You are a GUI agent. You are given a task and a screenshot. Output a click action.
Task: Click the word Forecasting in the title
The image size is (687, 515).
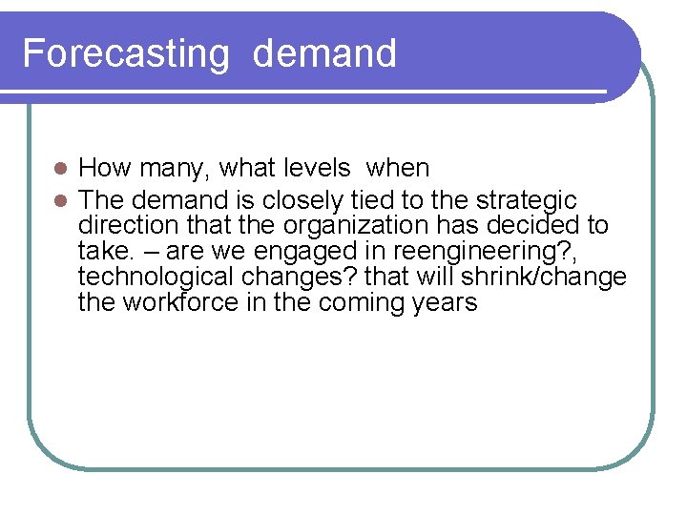[x=126, y=53]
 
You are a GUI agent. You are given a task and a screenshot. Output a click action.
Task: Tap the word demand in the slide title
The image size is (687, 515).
[x=324, y=53]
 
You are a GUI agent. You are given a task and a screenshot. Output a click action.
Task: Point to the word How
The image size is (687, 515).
[x=105, y=169]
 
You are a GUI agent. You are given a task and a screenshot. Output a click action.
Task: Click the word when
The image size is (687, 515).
[x=398, y=169]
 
